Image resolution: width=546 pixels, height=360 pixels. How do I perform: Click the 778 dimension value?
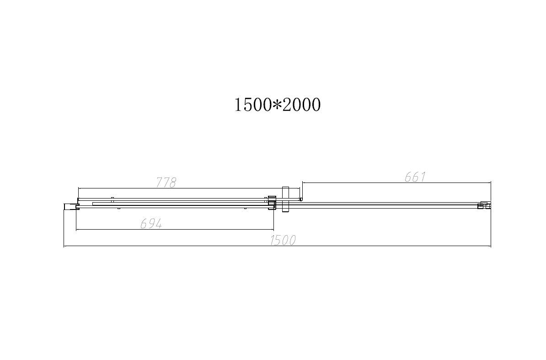click(166, 183)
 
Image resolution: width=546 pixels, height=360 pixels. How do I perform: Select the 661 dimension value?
click(415, 177)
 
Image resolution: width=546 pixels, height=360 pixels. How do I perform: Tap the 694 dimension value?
click(151, 224)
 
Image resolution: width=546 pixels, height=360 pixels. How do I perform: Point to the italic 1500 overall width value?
click(283, 240)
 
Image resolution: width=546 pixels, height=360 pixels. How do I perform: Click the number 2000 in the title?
click(301, 105)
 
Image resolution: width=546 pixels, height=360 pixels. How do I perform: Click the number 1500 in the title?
click(253, 105)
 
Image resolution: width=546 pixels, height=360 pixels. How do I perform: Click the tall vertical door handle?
click(286, 199)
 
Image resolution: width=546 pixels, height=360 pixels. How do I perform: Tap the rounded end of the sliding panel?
click(300, 199)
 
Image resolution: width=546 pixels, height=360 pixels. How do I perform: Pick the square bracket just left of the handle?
click(272, 202)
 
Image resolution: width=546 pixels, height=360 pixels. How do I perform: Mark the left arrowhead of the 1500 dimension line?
click(65, 247)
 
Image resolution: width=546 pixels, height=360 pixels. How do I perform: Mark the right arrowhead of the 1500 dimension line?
click(490, 247)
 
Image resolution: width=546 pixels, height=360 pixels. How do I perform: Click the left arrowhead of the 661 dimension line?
click(303, 183)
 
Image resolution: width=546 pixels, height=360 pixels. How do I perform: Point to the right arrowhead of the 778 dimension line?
click(299, 188)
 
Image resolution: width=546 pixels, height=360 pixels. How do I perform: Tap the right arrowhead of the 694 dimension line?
click(273, 230)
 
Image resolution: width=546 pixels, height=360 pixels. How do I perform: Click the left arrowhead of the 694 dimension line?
click(77, 230)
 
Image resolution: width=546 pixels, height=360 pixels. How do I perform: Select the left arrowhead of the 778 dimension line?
click(79, 188)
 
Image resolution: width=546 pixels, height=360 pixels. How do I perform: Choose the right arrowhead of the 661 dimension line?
click(490, 183)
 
